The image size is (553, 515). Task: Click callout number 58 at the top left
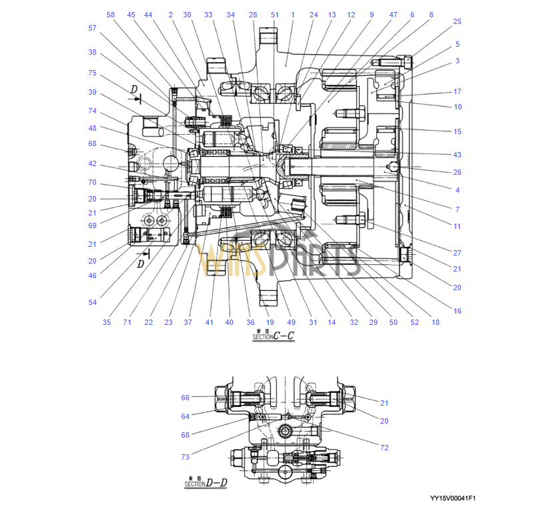(111, 15)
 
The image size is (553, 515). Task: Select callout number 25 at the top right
(457, 21)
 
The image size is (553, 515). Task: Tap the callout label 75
(92, 73)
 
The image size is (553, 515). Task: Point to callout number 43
(457, 155)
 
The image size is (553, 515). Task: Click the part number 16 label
(457, 311)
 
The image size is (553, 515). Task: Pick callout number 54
(92, 302)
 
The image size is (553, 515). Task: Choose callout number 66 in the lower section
(185, 398)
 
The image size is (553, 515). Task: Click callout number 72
(384, 448)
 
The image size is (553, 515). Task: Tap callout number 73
(185, 457)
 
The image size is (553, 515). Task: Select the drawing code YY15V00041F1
(457, 498)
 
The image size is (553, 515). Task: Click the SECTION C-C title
(273, 337)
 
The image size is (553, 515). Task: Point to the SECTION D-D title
(205, 482)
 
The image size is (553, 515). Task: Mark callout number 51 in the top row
(275, 15)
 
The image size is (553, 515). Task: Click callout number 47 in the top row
(393, 15)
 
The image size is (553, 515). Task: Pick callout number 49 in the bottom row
(292, 322)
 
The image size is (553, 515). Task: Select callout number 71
(127, 322)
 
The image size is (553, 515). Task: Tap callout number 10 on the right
(457, 107)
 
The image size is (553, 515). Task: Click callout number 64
(185, 416)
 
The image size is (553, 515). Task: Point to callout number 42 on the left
(92, 163)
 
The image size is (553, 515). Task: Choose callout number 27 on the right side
(457, 253)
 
